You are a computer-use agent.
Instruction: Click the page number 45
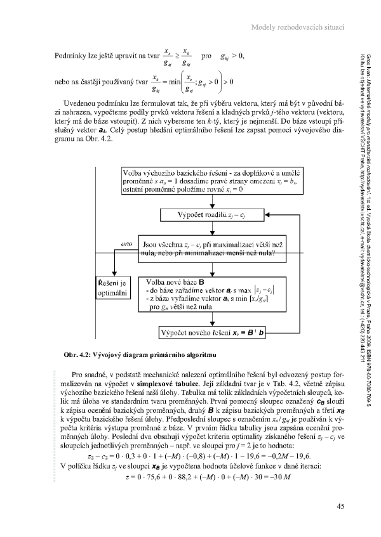340,506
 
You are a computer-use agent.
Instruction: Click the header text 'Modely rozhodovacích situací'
298,27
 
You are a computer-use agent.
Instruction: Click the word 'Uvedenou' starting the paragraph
87,102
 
